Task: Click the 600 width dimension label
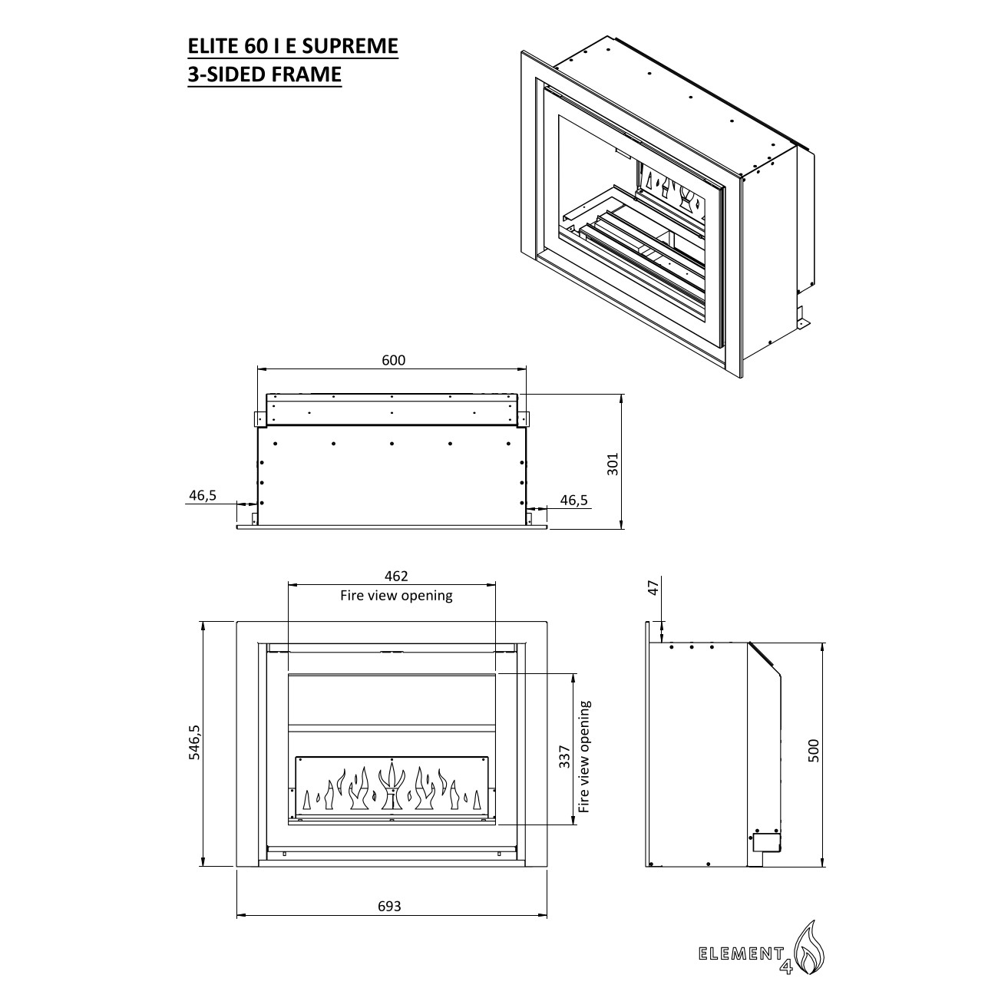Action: pos(392,360)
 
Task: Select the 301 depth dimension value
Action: pos(613,463)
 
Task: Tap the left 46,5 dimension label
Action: pos(203,495)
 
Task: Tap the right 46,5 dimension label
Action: pos(573,500)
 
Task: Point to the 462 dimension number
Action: pos(396,576)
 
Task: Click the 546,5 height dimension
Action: pos(195,743)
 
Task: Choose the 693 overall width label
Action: pos(390,906)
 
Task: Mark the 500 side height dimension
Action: pos(814,750)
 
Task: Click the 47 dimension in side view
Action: pos(653,588)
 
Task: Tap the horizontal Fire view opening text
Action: pos(396,595)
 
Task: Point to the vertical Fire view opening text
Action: pos(586,756)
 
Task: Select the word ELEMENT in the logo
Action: pos(738,954)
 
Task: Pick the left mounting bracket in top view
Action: pos(260,418)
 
